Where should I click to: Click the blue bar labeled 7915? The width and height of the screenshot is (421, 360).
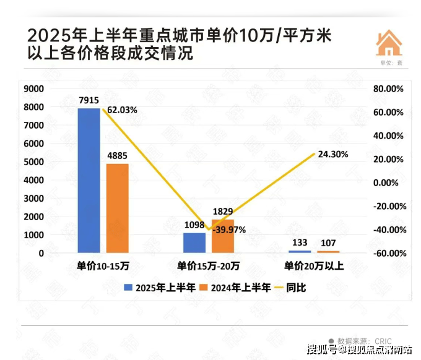click(x=89, y=180)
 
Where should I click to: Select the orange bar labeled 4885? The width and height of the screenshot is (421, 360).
click(x=117, y=208)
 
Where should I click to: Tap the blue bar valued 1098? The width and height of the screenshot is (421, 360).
click(x=194, y=242)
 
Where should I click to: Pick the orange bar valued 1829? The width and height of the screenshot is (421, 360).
click(x=223, y=236)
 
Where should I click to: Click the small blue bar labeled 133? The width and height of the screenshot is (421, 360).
click(x=300, y=251)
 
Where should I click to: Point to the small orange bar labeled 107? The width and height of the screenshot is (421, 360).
click(x=328, y=251)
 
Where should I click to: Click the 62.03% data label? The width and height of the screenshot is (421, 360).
click(x=122, y=110)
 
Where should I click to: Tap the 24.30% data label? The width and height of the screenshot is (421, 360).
click(x=332, y=154)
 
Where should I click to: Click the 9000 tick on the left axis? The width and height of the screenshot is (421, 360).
click(x=34, y=89)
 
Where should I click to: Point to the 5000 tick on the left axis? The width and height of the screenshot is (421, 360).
click(x=34, y=162)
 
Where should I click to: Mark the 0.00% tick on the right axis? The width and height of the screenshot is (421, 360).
click(x=390, y=183)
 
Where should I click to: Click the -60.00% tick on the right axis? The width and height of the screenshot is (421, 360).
click(x=388, y=254)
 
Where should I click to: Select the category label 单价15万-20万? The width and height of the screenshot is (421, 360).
click(x=209, y=267)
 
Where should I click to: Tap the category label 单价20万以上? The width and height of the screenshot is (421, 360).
click(x=314, y=267)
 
